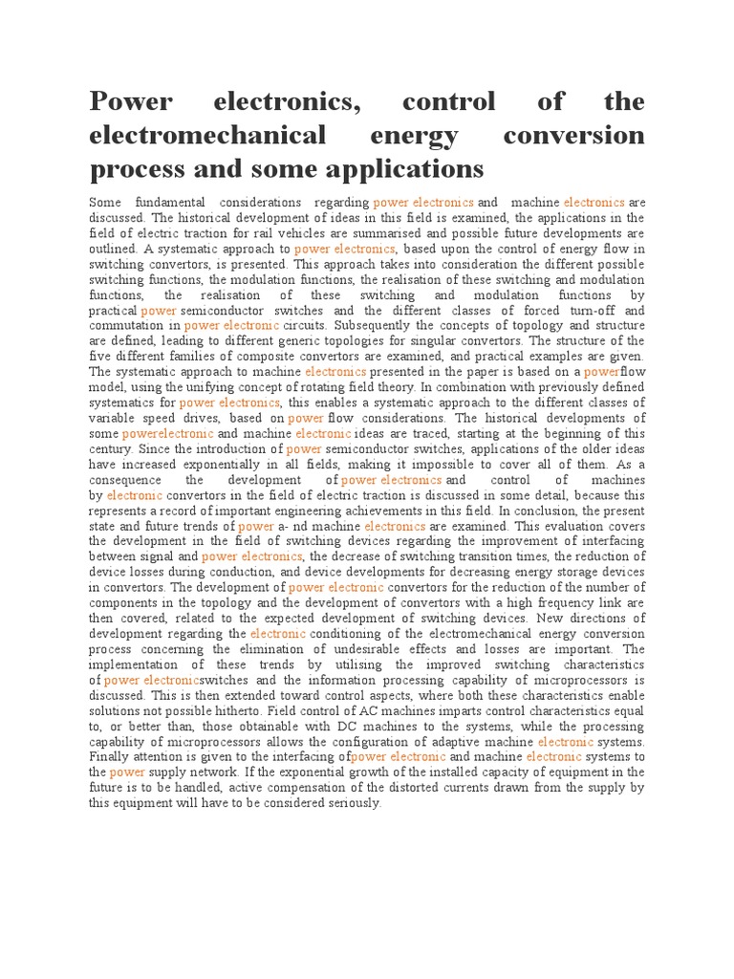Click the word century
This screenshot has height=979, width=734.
(110, 449)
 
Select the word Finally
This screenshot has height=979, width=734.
(111, 757)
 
